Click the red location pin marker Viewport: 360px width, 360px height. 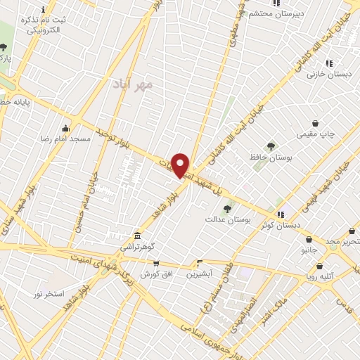pos(181,165)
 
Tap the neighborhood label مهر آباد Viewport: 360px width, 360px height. pos(132,84)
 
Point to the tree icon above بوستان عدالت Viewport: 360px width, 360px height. pos(226,209)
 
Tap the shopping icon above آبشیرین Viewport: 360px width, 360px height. pos(199,263)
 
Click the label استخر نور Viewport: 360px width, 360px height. pos(49,292)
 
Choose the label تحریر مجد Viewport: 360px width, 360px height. pos(345,242)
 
